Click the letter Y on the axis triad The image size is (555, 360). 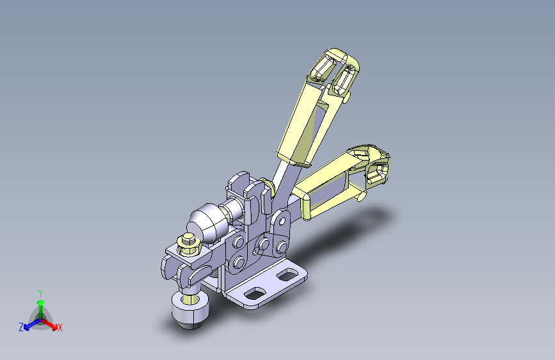[40, 293]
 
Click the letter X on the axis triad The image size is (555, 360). [60, 327]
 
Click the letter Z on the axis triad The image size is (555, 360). [21, 327]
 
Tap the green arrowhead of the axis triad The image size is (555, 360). [41, 303]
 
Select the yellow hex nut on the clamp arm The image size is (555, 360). [189, 244]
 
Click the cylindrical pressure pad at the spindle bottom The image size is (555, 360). [189, 309]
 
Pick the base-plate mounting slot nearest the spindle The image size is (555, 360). [255, 293]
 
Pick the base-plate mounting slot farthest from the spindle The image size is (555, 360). [289, 275]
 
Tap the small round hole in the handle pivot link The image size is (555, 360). [282, 222]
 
